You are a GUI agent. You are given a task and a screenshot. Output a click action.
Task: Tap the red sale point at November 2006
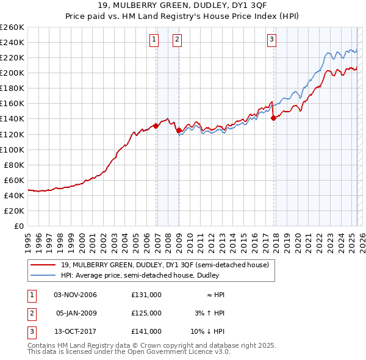tap(156, 126)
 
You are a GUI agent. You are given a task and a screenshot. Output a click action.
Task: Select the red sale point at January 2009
tap(179, 130)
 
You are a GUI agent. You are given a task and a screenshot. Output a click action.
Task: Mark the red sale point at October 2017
tap(273, 118)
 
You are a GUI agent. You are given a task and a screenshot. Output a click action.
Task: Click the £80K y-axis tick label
tap(14, 165)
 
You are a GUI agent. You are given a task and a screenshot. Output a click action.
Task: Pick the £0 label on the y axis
tap(19, 226)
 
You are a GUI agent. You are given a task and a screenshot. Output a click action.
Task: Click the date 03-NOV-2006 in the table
tap(76, 295)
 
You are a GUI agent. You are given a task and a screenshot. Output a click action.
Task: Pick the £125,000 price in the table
tap(146, 313)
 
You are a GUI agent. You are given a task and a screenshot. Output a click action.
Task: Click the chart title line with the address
tap(183, 7)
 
